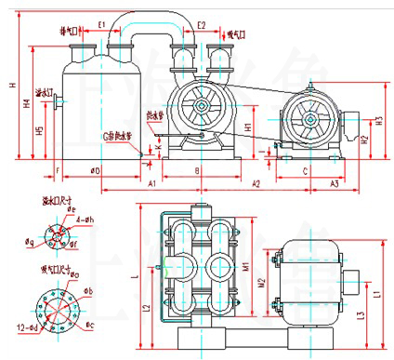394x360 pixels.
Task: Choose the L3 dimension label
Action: point(359,315)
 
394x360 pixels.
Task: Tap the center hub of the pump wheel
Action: point(201,107)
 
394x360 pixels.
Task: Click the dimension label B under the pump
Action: point(196,170)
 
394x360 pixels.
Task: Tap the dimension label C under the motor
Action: point(306,170)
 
